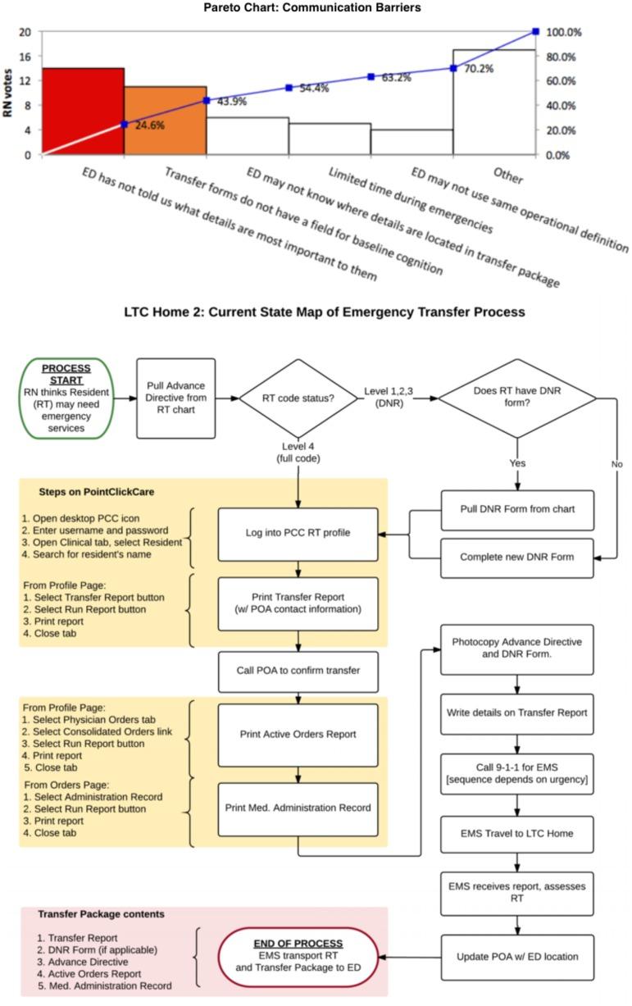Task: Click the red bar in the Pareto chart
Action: coord(83,111)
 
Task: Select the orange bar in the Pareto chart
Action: coord(165,120)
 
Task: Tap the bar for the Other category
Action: coord(493,102)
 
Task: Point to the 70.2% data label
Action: coord(480,69)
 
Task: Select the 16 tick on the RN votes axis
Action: coord(25,57)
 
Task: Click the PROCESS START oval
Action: coord(66,398)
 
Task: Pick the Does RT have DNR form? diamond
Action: coord(517,398)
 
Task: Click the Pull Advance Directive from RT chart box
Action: coord(176,398)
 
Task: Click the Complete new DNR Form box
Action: coord(517,558)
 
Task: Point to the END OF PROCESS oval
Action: coord(298,956)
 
